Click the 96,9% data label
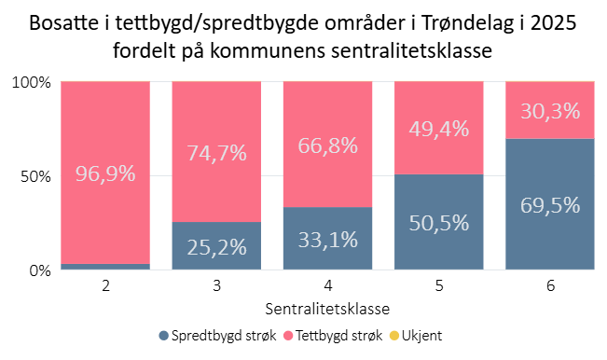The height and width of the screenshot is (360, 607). pyautogui.click(x=105, y=174)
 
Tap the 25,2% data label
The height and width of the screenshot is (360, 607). pyautogui.click(x=216, y=247)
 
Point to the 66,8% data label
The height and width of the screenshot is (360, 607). pyautogui.click(x=328, y=146)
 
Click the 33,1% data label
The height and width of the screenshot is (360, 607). pyautogui.click(x=328, y=240)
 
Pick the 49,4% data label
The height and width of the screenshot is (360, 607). pyautogui.click(x=439, y=129)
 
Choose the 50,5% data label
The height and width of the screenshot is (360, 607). pyautogui.click(x=439, y=223)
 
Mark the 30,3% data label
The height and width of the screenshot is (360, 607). pyautogui.click(x=550, y=111)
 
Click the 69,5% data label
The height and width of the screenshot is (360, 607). pyautogui.click(x=550, y=205)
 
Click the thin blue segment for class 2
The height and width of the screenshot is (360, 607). pyautogui.click(x=105, y=267)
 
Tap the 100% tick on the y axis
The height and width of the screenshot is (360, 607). pyautogui.click(x=30, y=83)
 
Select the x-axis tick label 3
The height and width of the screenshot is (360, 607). pyautogui.click(x=216, y=286)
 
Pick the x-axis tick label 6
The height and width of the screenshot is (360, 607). pyautogui.click(x=550, y=286)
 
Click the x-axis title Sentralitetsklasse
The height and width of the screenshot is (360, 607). pyautogui.click(x=327, y=307)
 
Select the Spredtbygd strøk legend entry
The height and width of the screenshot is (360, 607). pyautogui.click(x=216, y=335)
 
